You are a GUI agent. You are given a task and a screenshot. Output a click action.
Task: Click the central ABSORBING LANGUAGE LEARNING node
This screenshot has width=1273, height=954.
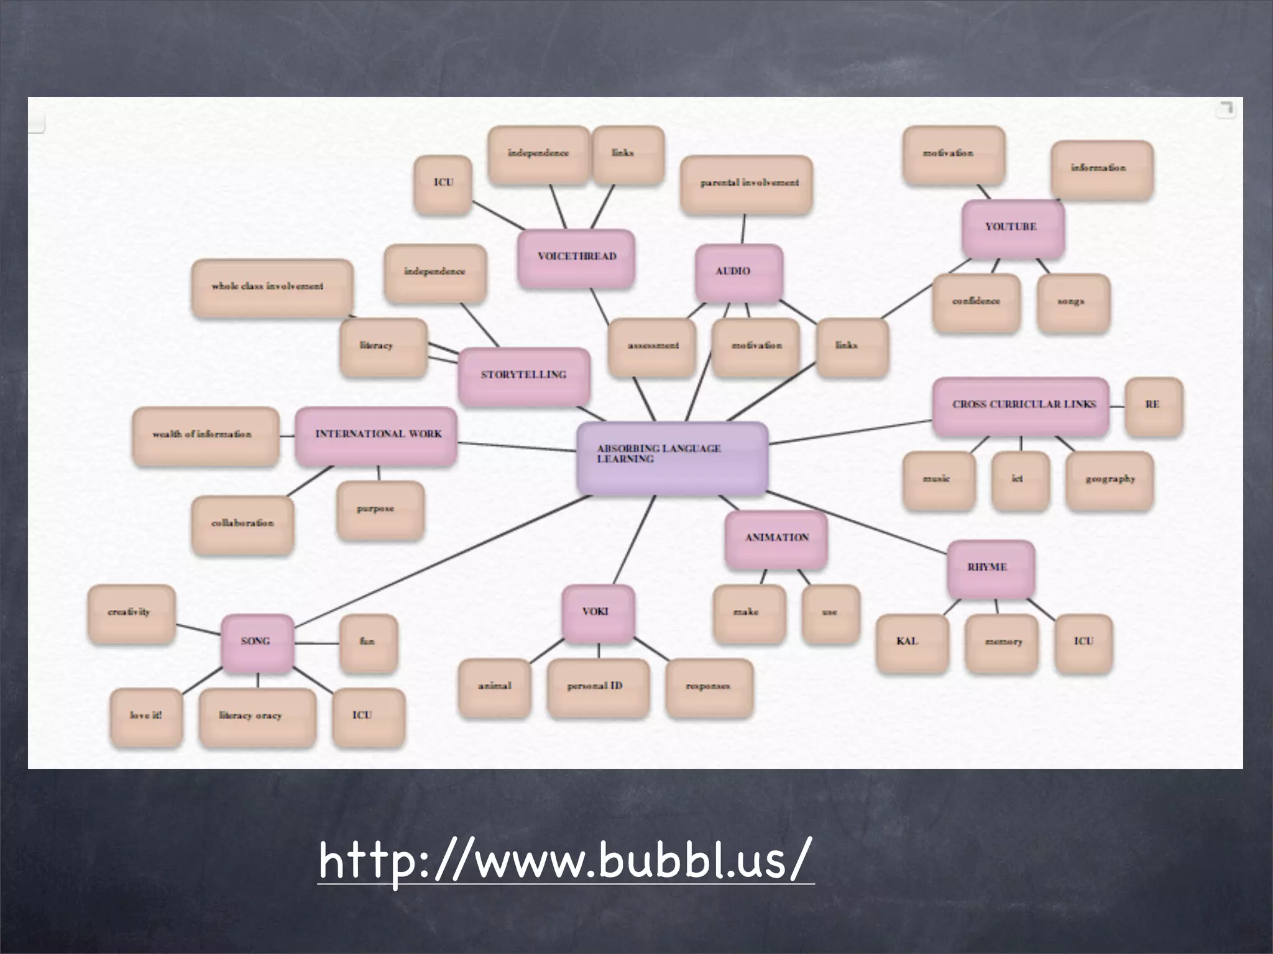pos(672,458)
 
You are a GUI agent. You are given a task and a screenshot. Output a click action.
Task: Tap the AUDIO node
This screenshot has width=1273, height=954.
pos(738,272)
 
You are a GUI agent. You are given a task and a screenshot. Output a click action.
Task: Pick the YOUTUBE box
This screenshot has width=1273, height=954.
pos(1012,228)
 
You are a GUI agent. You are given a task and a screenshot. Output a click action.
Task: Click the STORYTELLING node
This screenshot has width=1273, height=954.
pos(524,376)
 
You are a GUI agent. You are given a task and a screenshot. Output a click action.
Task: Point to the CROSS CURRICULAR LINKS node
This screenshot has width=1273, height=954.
pos(1021,406)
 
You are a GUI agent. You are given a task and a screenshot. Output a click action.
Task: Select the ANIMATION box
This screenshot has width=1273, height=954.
pos(776,538)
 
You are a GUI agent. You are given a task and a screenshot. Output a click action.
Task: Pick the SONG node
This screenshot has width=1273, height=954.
pos(257,642)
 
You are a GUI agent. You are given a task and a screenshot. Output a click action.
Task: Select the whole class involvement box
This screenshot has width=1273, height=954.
pos(272,288)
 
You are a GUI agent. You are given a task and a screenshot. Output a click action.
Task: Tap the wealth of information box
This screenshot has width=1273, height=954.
pos(205,435)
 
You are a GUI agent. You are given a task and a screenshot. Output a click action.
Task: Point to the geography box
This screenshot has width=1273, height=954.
pos(1109,480)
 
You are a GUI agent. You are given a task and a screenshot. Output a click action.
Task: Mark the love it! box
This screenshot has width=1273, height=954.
pos(146,717)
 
